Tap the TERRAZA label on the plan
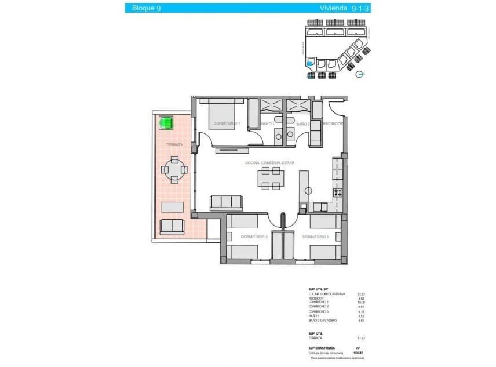(174, 145)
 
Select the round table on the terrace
(174, 170)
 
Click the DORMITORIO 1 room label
(226, 123)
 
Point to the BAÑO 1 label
(267, 124)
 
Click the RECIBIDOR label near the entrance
(333, 123)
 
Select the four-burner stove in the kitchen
(337, 192)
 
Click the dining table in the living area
(271, 179)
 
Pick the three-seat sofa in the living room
(226, 202)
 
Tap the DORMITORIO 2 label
(315, 237)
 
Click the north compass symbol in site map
(360, 75)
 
